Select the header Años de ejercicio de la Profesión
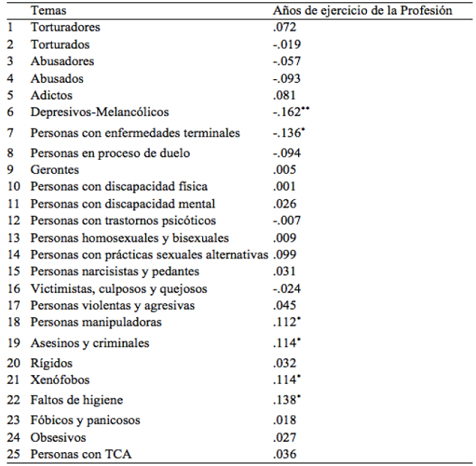[362, 11]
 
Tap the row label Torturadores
[65, 27]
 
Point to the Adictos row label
[51, 95]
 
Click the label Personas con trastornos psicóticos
[123, 221]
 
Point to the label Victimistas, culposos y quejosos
[119, 289]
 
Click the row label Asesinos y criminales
[90, 343]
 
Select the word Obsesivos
[58, 437]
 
